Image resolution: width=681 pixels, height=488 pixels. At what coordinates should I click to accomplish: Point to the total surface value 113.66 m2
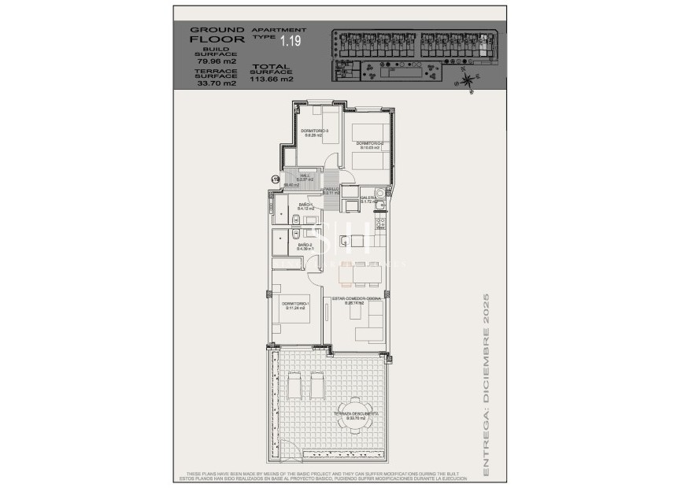click(272, 79)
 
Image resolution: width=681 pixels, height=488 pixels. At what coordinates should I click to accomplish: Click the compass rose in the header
click(468, 79)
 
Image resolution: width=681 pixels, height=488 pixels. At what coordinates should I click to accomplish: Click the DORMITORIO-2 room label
click(369, 142)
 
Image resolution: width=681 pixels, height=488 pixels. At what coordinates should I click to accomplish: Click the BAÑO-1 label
click(305, 205)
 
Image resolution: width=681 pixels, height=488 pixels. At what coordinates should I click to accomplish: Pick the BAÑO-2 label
click(305, 246)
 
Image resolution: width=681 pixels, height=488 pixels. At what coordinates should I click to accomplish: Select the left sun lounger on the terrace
click(297, 388)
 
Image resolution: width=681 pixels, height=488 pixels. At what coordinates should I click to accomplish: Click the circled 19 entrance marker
click(276, 180)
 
